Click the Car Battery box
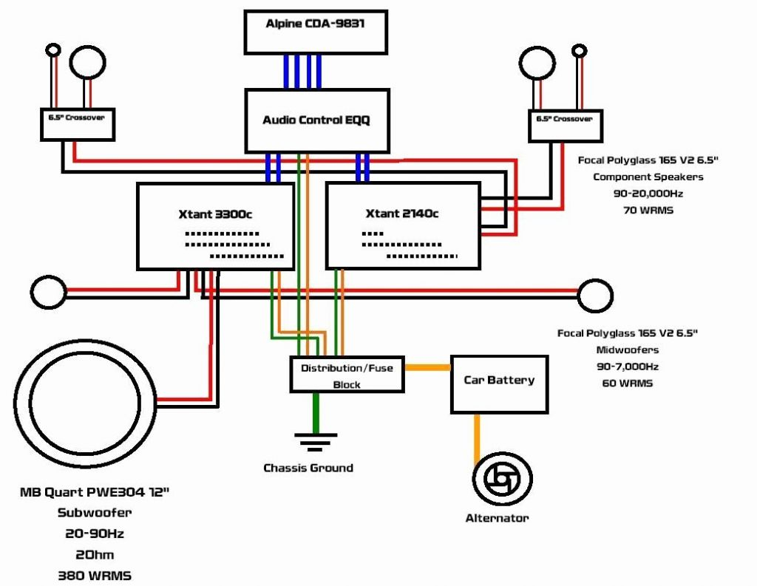(x=499, y=384)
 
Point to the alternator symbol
(x=502, y=480)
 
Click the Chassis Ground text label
(x=308, y=468)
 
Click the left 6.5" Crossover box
(x=77, y=123)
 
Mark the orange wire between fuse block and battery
(x=427, y=367)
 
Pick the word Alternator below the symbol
(x=497, y=518)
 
